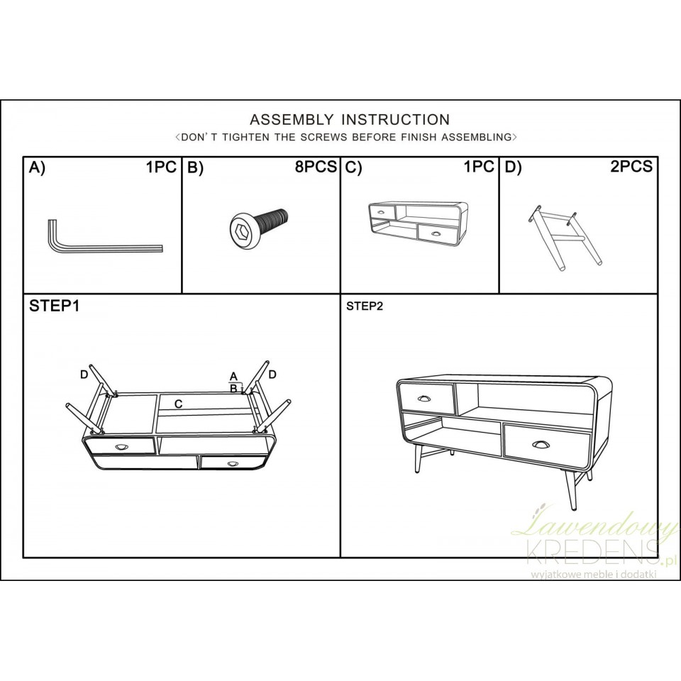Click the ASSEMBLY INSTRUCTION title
(x=349, y=120)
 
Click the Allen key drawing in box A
(x=99, y=241)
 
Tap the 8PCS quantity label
(x=316, y=167)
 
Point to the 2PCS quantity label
(x=631, y=167)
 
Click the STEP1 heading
(x=55, y=306)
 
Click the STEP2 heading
(x=365, y=306)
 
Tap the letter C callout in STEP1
(x=179, y=404)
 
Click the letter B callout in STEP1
(x=233, y=388)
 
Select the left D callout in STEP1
(x=84, y=374)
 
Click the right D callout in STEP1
(x=272, y=374)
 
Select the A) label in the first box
(x=37, y=167)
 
